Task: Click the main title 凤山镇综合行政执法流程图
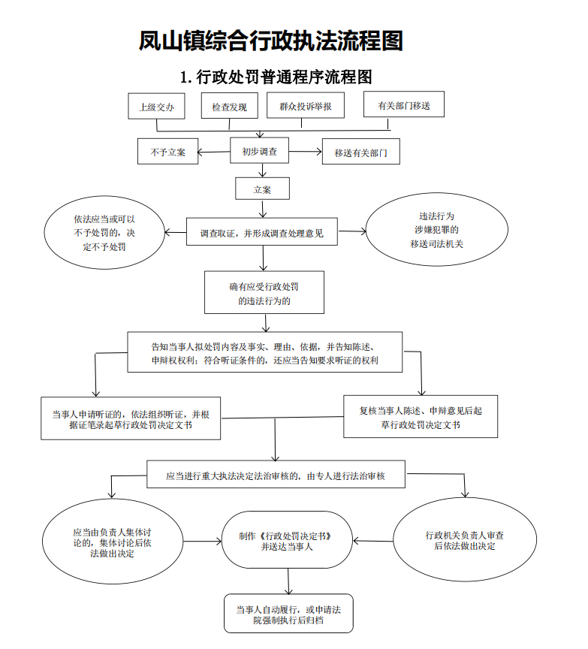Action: point(271,41)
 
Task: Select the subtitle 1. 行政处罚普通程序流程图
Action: point(276,77)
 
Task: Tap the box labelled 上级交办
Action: point(156,107)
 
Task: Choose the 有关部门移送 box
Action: point(404,105)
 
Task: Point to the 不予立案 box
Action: point(167,152)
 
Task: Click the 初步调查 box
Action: point(260,152)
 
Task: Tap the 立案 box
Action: point(262,189)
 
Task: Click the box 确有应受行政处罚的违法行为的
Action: point(264,294)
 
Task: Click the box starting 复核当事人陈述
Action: point(421,418)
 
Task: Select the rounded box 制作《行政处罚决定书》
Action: point(286,542)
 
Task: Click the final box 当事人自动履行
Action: point(288,614)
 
